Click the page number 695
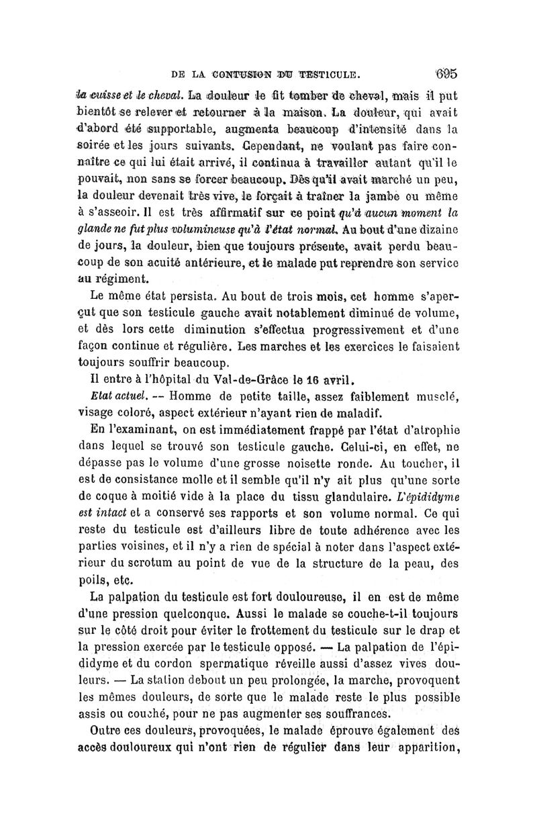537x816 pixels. coord(446,71)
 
